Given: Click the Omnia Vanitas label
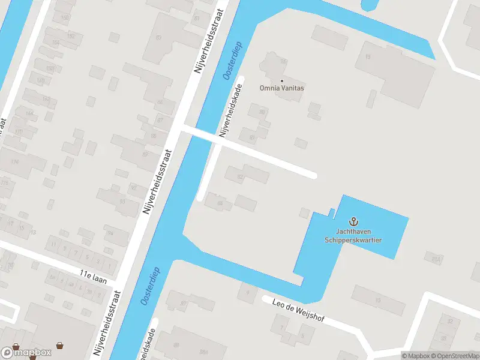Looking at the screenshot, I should [x=281, y=88].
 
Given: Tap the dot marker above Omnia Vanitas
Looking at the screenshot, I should [x=281, y=80].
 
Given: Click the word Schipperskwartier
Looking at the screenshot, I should [x=353, y=239].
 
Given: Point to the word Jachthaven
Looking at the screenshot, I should [x=353, y=232].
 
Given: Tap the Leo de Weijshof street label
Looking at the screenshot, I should [x=298, y=310].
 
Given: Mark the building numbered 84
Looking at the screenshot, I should [x=220, y=203].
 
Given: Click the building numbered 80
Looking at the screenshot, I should [x=262, y=112].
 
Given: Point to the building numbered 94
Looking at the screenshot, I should [x=109, y=234].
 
